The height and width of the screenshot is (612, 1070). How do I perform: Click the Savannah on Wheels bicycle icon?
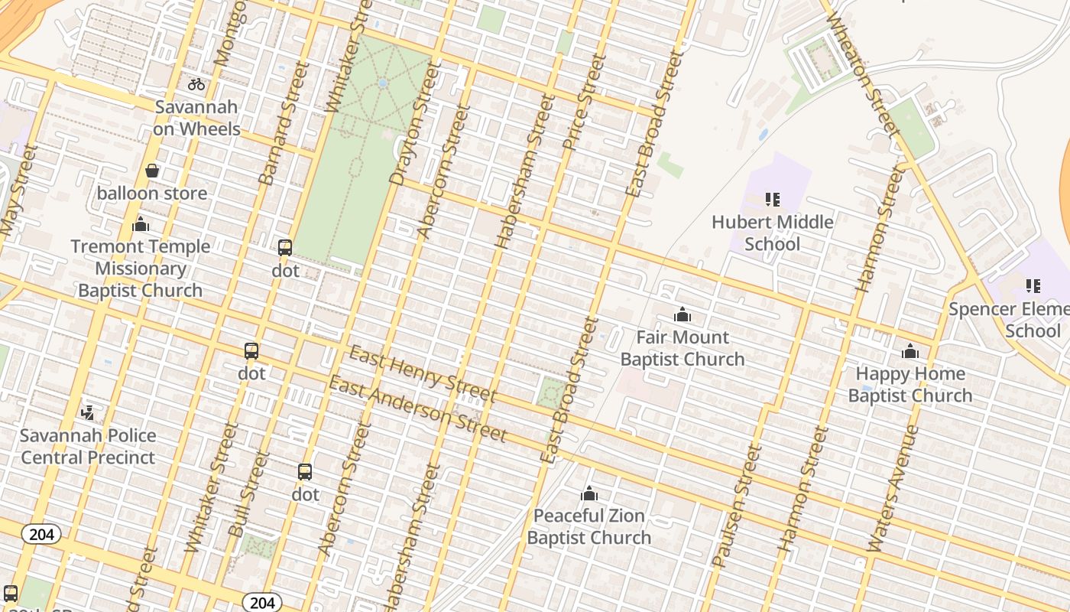pyautogui.click(x=196, y=84)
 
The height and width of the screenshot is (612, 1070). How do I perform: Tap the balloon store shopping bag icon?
pyautogui.click(x=152, y=171)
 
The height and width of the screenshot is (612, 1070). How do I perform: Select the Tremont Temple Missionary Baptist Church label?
pyautogui.click(x=140, y=269)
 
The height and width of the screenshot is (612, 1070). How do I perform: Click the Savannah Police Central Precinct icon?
pyautogui.click(x=88, y=412)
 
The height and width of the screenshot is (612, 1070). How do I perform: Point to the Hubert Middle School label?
pyautogui.click(x=772, y=233)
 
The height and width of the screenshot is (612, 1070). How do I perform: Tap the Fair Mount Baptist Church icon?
pyautogui.click(x=682, y=314)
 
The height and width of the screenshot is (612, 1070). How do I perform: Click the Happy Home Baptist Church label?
pyautogui.click(x=909, y=384)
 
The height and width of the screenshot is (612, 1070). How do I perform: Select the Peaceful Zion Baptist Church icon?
pyautogui.click(x=588, y=493)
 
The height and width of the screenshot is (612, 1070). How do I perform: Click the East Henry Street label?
pyautogui.click(x=423, y=375)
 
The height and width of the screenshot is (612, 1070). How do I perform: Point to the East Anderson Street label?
pyautogui.click(x=417, y=409)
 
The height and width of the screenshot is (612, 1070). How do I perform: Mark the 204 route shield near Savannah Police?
pyautogui.click(x=41, y=534)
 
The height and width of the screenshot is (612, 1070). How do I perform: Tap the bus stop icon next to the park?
pyautogui.click(x=285, y=248)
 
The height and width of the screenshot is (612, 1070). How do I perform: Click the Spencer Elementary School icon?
pyautogui.click(x=1033, y=286)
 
